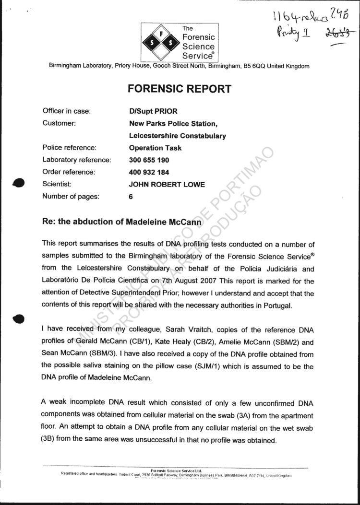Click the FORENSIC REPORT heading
click(x=179, y=89)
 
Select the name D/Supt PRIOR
click(x=150, y=111)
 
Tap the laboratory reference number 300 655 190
click(x=149, y=160)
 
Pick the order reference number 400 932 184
click(x=149, y=172)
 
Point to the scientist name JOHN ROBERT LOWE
click(x=167, y=184)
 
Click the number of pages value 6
click(x=131, y=196)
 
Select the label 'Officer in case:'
click(x=67, y=111)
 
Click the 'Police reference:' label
click(x=70, y=148)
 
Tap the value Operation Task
click(x=155, y=148)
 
